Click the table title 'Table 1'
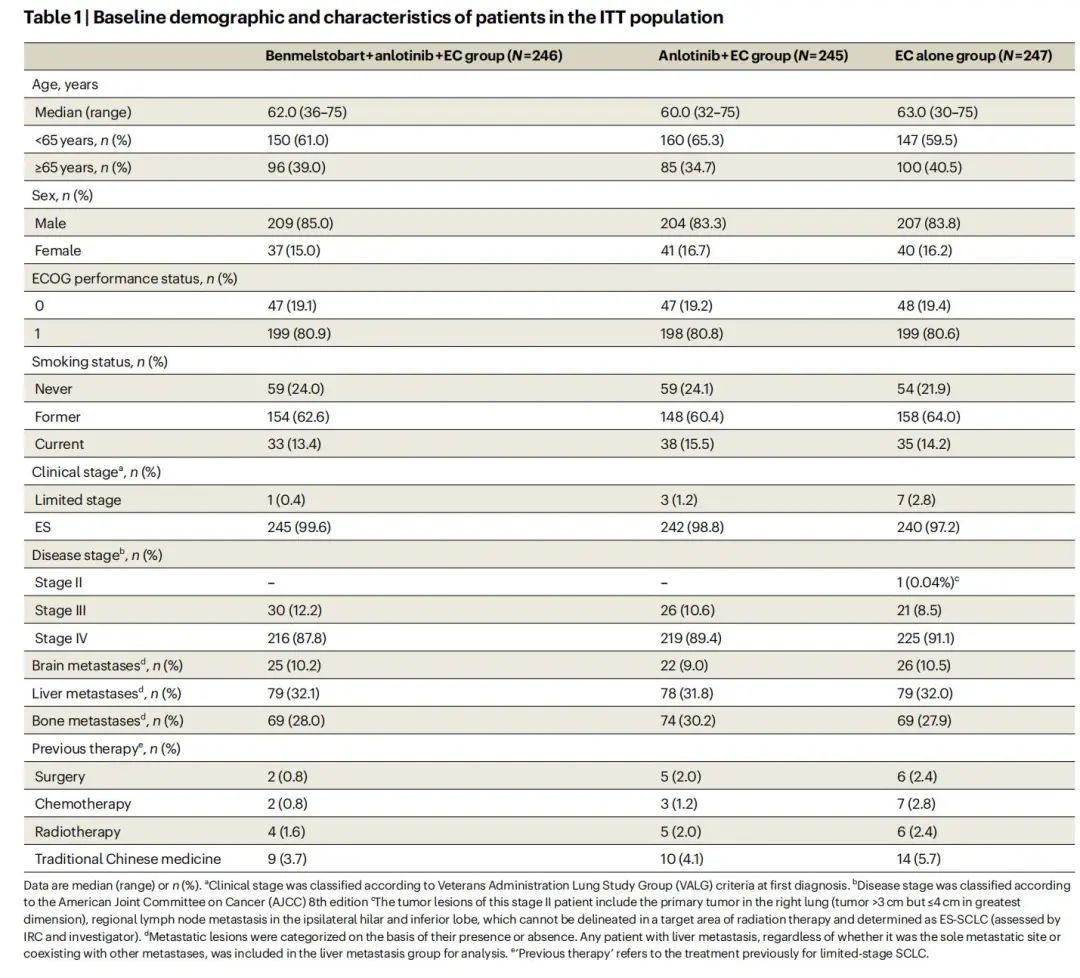52,17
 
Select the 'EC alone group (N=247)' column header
973,56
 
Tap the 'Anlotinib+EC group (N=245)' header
753,56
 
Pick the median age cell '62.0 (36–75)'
307,112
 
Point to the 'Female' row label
58,251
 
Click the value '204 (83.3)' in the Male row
693,223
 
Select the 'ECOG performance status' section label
117,278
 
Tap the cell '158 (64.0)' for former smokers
928,417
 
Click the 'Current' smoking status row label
59,444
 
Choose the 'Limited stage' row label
78,500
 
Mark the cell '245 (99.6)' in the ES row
299,527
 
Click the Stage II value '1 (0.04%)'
926,583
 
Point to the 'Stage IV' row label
61,638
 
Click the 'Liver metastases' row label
85,694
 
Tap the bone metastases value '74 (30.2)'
687,721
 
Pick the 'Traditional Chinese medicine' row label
128,859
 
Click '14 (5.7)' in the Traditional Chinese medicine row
919,859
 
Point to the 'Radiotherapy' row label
77,831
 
